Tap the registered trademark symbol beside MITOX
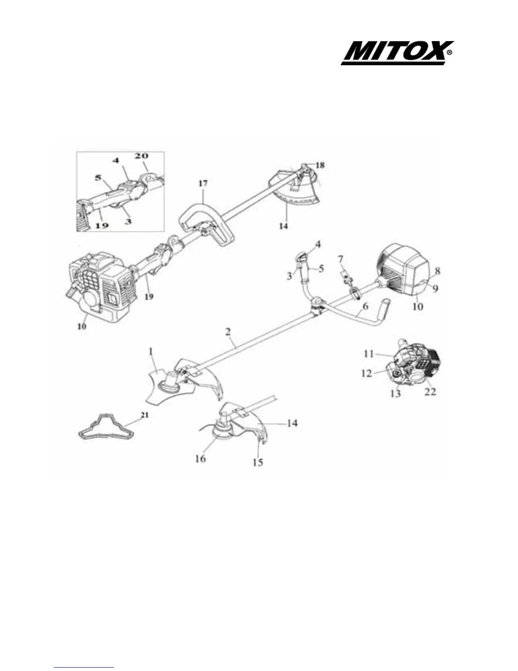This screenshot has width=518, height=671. tap(449, 53)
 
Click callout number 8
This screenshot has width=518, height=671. tap(438, 269)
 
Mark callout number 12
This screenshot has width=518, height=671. tap(366, 373)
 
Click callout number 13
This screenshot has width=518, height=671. tap(395, 394)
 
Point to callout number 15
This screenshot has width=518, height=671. tap(257, 462)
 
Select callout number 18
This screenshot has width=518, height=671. tap(320, 165)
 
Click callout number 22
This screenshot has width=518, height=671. tap(430, 392)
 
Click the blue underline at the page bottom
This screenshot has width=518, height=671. tap(84, 667)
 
